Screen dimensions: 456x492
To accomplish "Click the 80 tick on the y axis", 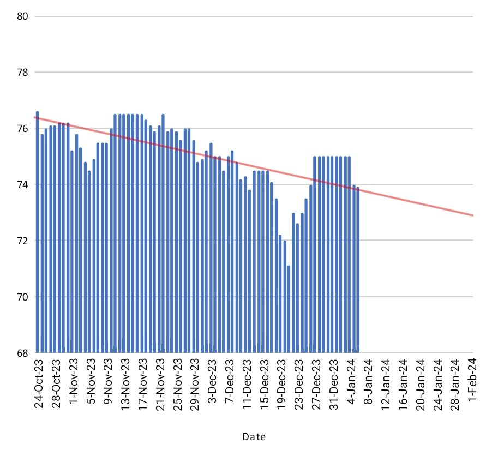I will (x=23, y=16).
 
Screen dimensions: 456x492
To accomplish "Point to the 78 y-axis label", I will (x=23, y=72).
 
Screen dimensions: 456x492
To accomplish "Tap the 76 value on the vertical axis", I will (x=23, y=129).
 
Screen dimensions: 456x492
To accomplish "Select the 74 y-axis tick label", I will (x=23, y=185).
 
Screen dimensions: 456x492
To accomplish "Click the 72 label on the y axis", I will (x=23, y=241).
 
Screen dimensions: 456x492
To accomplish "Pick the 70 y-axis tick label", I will (x=23, y=297).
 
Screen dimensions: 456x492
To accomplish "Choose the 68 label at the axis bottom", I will (x=23, y=353).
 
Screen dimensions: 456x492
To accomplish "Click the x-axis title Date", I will (x=254, y=437).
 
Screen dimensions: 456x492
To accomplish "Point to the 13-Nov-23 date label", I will (x=125, y=385).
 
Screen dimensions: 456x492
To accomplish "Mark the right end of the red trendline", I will (x=472, y=215).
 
